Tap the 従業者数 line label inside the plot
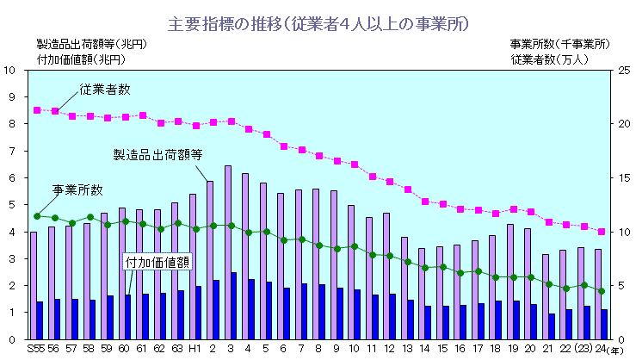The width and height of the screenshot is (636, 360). tap(105, 89)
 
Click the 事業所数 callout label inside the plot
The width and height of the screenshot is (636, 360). tap(77, 189)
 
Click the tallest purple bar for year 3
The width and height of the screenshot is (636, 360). tap(228, 251)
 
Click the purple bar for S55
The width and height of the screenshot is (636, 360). tap(34, 284)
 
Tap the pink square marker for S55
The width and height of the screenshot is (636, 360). tap(37, 110)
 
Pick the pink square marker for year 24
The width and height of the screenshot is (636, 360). tap(602, 232)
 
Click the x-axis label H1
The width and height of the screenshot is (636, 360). tap(195, 349)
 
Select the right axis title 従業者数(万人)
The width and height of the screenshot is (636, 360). tap(548, 59)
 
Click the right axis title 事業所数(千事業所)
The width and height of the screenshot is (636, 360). tap(560, 44)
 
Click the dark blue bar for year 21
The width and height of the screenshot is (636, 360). tap(551, 326)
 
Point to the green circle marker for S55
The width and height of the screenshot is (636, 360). tap(37, 215)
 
